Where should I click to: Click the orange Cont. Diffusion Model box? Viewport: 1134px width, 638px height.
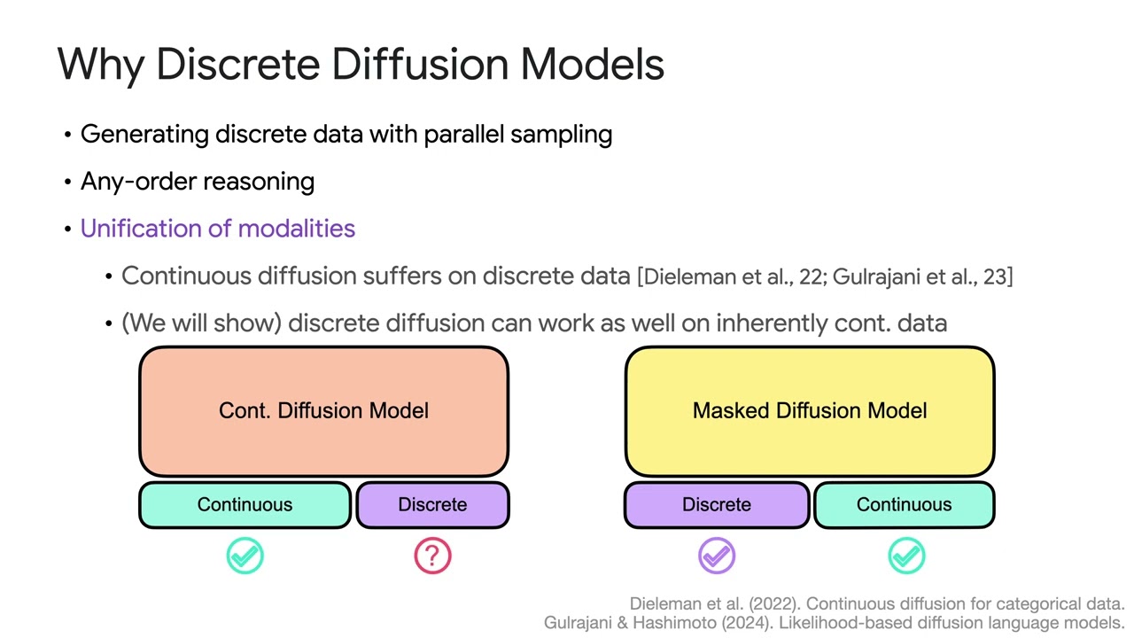[x=323, y=411]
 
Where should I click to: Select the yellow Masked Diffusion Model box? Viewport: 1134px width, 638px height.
[x=810, y=411]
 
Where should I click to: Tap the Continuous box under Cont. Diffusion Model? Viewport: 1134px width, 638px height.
[x=245, y=505]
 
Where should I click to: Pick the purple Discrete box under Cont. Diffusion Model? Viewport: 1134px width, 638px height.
[x=432, y=505]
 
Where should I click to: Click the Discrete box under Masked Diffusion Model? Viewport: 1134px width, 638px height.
[x=716, y=505]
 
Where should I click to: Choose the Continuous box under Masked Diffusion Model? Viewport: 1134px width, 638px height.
[x=904, y=505]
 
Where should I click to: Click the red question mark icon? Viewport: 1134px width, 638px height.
[x=432, y=556]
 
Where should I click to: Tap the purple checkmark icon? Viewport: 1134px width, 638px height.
[x=716, y=556]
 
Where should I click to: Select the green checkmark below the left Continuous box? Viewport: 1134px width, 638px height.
[x=245, y=556]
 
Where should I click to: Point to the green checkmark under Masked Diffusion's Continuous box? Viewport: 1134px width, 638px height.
[x=905, y=556]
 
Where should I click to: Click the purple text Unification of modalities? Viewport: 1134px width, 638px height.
[x=217, y=229]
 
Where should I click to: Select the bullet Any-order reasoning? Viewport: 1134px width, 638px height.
[x=197, y=182]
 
